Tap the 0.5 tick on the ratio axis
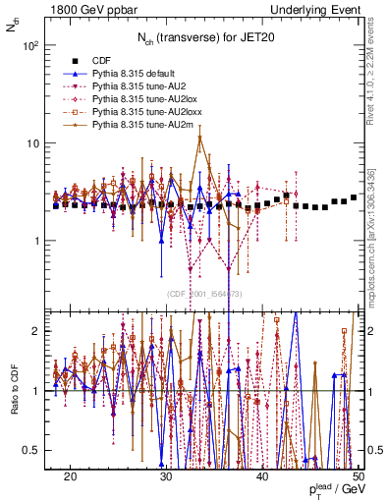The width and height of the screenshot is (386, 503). coord(35,450)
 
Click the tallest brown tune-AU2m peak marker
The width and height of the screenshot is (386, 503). coord(200,138)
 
